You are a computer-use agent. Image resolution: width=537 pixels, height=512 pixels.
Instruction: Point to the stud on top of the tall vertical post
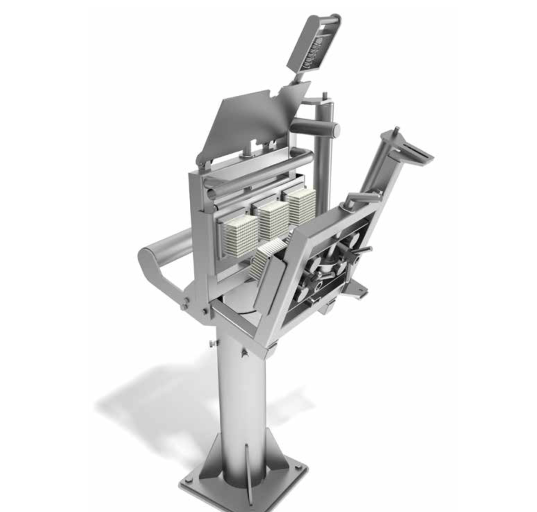point(324,96)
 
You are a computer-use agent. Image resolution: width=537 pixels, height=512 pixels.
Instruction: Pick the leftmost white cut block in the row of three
point(240,234)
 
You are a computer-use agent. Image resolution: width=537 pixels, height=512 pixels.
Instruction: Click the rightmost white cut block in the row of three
point(301,205)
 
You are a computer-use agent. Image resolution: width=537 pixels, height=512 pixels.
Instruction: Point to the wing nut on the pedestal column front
point(243,352)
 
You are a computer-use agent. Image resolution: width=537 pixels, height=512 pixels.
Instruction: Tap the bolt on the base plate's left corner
point(189,481)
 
